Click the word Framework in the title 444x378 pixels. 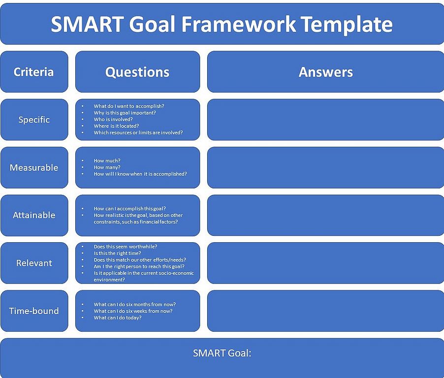pyautogui.click(x=238, y=24)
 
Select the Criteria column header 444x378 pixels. pyautogui.click(x=33, y=72)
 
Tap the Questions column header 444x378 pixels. pyautogui.click(x=137, y=72)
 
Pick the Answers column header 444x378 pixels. pyautogui.click(x=326, y=72)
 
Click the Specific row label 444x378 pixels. pyautogui.click(x=34, y=120)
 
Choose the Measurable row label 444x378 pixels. pyautogui.click(x=34, y=167)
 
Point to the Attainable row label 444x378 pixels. pyautogui.click(x=34, y=215)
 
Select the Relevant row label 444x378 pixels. pyautogui.click(x=34, y=263)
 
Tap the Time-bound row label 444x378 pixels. pyautogui.click(x=34, y=311)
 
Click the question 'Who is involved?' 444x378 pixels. pyautogui.click(x=113, y=119)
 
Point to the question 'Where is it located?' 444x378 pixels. pyautogui.click(x=116, y=126)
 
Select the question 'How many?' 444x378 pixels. pyautogui.click(x=107, y=167)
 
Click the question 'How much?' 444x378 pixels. pyautogui.click(x=107, y=160)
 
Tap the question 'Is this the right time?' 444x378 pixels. pyautogui.click(x=117, y=253)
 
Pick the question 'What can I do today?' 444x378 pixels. pyautogui.click(x=118, y=317)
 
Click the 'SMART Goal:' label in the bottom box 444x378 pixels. pyautogui.click(x=222, y=353)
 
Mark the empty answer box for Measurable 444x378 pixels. pyautogui.click(x=326, y=167)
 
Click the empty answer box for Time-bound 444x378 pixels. pyautogui.click(x=326, y=311)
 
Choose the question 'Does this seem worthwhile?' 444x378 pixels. pyautogui.click(x=125, y=246)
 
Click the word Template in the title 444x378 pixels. pyautogui.click(x=348, y=24)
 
